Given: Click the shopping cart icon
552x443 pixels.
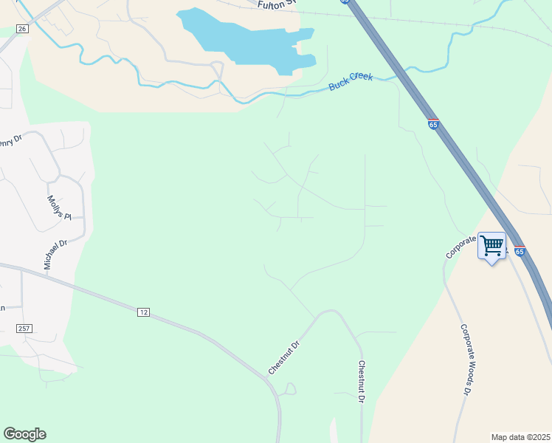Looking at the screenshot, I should (491, 244).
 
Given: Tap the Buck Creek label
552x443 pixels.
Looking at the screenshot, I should (351, 82).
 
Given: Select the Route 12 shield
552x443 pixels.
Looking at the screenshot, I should (143, 313).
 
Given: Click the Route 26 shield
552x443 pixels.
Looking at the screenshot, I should (22, 29).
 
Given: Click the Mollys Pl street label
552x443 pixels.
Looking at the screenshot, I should (58, 207).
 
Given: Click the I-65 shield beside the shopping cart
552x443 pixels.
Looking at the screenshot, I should (520, 252).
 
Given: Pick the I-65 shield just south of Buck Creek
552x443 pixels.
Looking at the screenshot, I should (433, 125).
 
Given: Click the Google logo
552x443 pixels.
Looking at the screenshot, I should (24, 434).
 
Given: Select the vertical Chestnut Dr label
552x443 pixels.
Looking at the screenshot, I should (362, 382).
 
